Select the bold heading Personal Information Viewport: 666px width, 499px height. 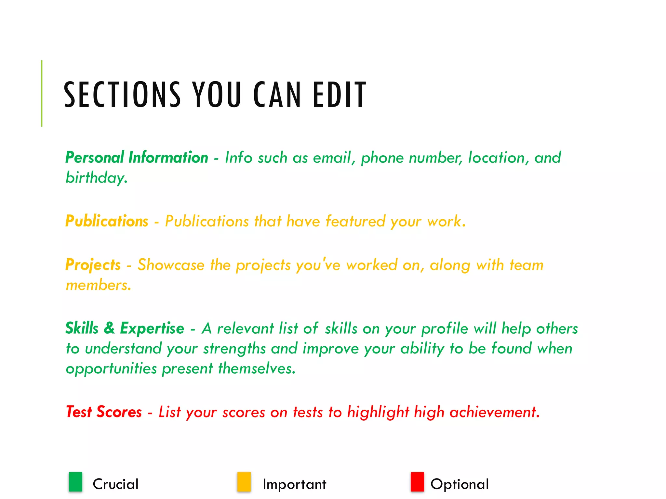137,158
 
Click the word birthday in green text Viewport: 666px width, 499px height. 96,178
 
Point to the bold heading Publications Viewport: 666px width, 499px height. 107,221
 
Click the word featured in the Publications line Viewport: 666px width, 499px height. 355,221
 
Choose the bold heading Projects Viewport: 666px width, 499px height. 93,265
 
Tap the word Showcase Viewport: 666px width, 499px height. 171,265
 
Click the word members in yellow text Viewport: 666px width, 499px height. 98,285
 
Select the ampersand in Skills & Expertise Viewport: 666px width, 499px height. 109,328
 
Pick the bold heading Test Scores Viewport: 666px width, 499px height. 104,412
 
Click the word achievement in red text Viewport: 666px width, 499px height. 494,412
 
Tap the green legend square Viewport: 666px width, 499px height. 75,482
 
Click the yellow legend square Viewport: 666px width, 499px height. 244,482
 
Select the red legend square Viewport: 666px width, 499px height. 417,482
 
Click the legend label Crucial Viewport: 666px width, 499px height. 115,484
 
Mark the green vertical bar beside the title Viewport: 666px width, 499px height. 42,93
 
